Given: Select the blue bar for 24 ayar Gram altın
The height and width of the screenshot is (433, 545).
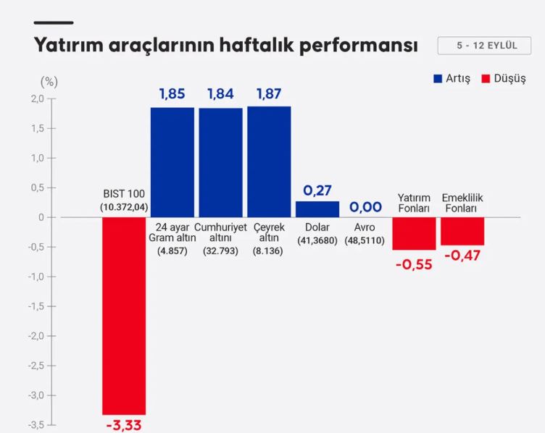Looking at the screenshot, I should tap(172, 162).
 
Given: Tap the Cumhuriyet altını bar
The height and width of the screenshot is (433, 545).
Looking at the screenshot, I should tap(220, 162).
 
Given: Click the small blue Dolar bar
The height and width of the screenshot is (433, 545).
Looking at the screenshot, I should tap(317, 209).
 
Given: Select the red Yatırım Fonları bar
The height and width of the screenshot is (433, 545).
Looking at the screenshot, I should tap(414, 233).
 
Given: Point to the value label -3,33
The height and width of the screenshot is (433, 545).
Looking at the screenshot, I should tap(124, 424).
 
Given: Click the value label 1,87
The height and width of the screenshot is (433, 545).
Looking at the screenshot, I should tap(269, 94).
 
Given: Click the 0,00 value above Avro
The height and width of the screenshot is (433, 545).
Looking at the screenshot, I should tap(365, 207).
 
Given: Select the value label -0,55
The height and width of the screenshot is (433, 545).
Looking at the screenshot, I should tap(414, 264).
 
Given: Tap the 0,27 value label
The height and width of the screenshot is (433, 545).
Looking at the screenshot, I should tap(317, 190).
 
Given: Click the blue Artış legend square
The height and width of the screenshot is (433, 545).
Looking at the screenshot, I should tap(438, 78).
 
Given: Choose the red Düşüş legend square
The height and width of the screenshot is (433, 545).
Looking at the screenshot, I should tap(486, 78).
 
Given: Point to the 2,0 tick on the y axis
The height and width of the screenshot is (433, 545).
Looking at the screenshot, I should tap(36, 98).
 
